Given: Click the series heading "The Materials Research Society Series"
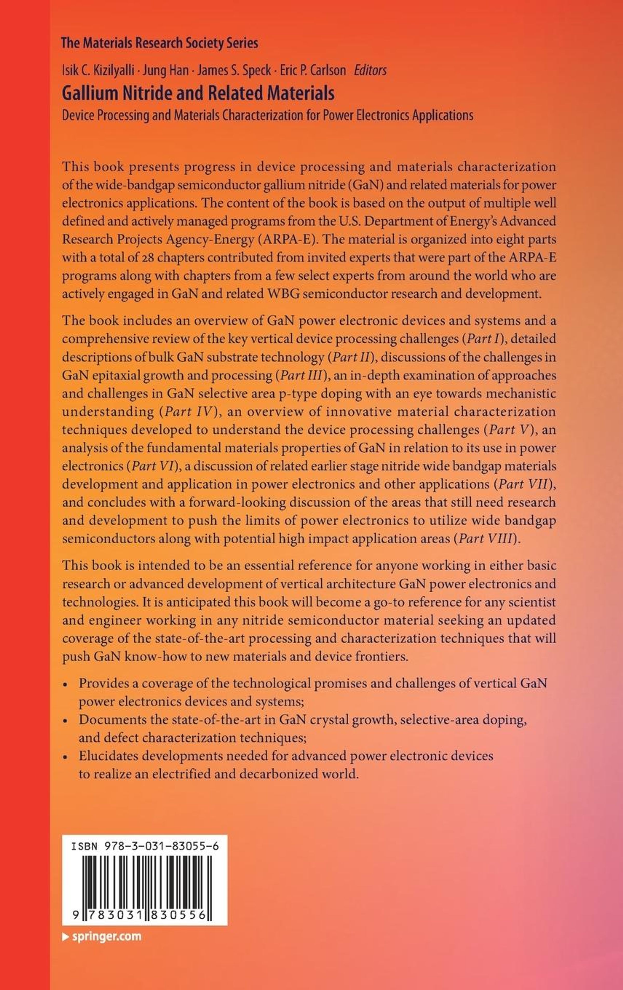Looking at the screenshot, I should pyautogui.click(x=159, y=43).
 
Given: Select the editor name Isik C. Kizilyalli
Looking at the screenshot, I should pyautogui.click(x=98, y=71).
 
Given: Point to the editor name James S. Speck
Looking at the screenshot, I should pyautogui.click(x=234, y=71).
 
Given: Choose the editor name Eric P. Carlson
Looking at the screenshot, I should pyautogui.click(x=313, y=71).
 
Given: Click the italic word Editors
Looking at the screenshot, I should pyautogui.click(x=370, y=71).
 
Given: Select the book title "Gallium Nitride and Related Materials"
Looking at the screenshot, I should pyautogui.click(x=198, y=93).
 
